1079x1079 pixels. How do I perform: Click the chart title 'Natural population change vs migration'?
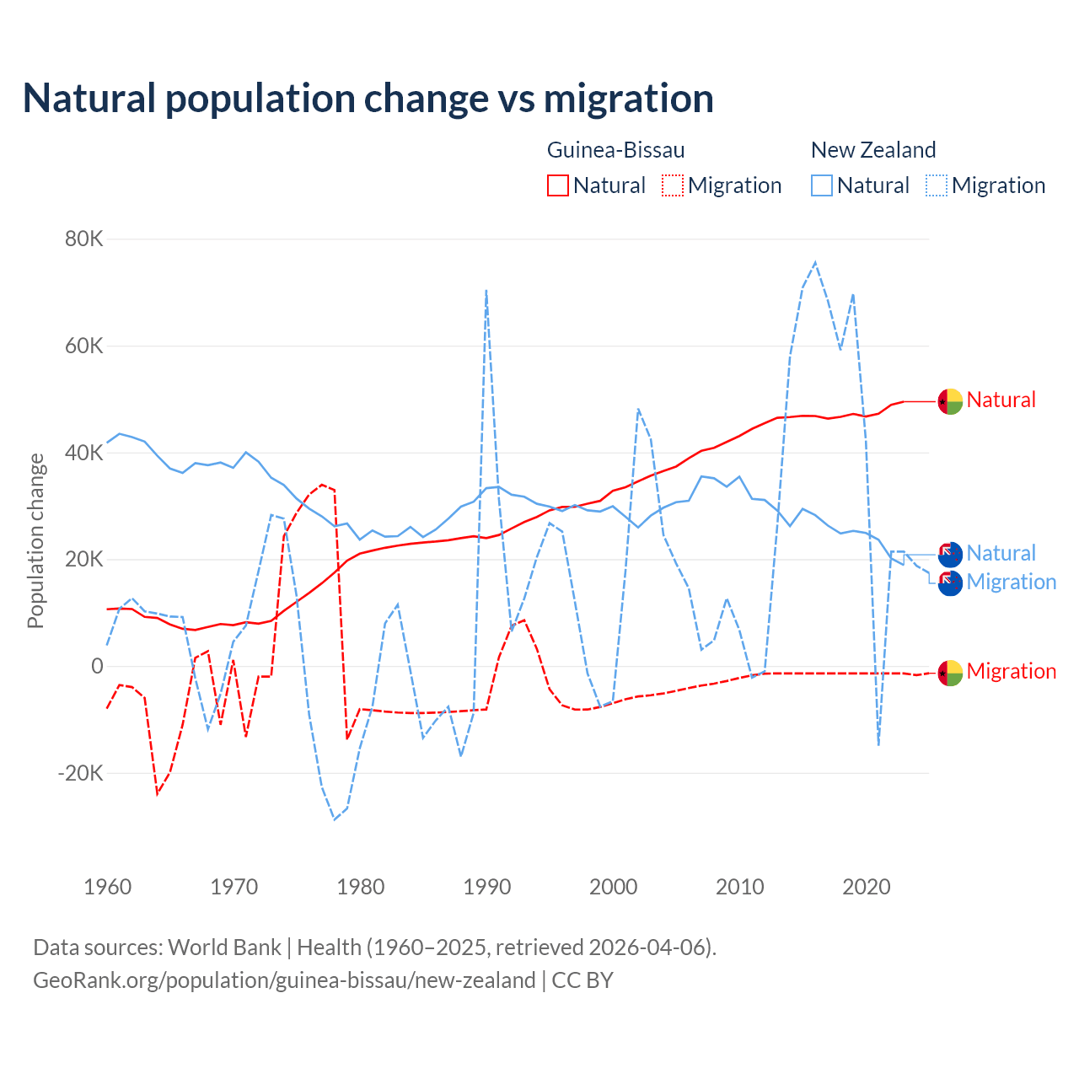coord(368,98)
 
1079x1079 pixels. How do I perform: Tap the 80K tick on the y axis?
coord(84,239)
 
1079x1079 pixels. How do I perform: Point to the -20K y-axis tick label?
coord(80,773)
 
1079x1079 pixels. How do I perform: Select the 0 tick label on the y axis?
coord(97,666)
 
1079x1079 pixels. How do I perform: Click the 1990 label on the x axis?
coord(487,887)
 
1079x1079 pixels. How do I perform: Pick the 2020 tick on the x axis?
coord(867,887)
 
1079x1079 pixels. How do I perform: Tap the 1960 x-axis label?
coord(108,887)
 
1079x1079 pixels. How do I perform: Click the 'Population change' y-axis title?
coord(35,540)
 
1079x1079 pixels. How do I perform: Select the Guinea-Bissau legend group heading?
coord(615,150)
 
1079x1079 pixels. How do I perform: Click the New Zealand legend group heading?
coord(873,150)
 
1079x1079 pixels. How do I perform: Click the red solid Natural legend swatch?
coord(558,185)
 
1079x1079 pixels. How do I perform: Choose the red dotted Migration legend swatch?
coord(673,185)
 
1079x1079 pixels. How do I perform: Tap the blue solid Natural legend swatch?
coord(822,185)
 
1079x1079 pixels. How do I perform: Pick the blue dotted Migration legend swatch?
coord(937,185)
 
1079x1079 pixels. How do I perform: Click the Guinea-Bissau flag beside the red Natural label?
coord(950,401)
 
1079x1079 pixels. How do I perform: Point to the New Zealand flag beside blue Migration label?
coord(950,583)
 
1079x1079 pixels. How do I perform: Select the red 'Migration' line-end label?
coord(1011,671)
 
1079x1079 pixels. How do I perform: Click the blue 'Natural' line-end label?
coord(1001,553)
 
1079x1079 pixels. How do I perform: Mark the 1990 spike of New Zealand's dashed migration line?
coord(486,291)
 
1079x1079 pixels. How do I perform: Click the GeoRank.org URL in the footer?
coord(284,980)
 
